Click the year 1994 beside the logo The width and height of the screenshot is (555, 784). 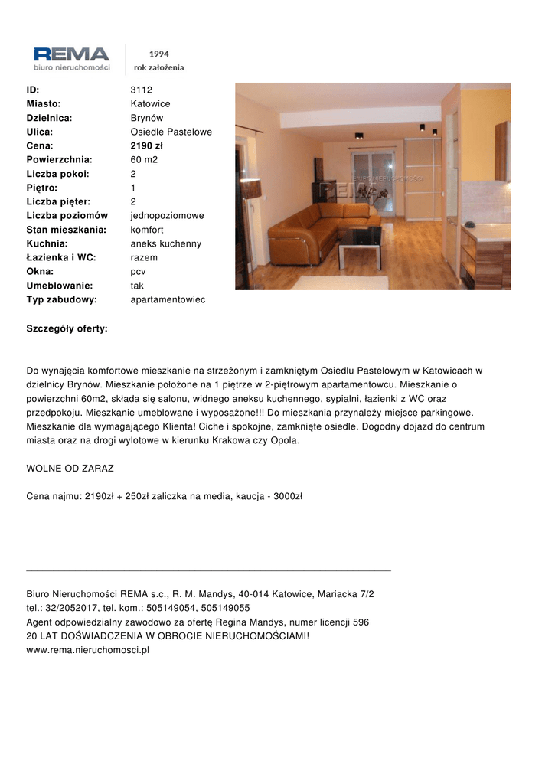[x=158, y=54]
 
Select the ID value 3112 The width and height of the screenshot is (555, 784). [x=142, y=90]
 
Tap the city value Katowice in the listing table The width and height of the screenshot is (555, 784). [x=150, y=103]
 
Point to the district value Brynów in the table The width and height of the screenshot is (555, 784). [x=147, y=118]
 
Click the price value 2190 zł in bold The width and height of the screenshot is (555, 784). [x=147, y=145]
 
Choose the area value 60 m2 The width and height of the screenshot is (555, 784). [x=144, y=160]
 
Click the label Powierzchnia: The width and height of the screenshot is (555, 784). [x=59, y=160]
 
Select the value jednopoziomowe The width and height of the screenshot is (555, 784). [x=167, y=216]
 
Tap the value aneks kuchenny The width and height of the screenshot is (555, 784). [x=165, y=243]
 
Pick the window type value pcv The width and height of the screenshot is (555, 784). [x=138, y=272]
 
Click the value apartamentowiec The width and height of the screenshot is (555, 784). [x=168, y=299]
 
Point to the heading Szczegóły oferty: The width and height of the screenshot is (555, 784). [x=67, y=328]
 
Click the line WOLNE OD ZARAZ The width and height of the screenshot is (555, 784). [x=70, y=468]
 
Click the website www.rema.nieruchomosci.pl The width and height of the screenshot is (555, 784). [x=87, y=651]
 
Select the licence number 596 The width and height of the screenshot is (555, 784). [x=361, y=622]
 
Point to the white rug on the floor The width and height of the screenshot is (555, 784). [x=330, y=283]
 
